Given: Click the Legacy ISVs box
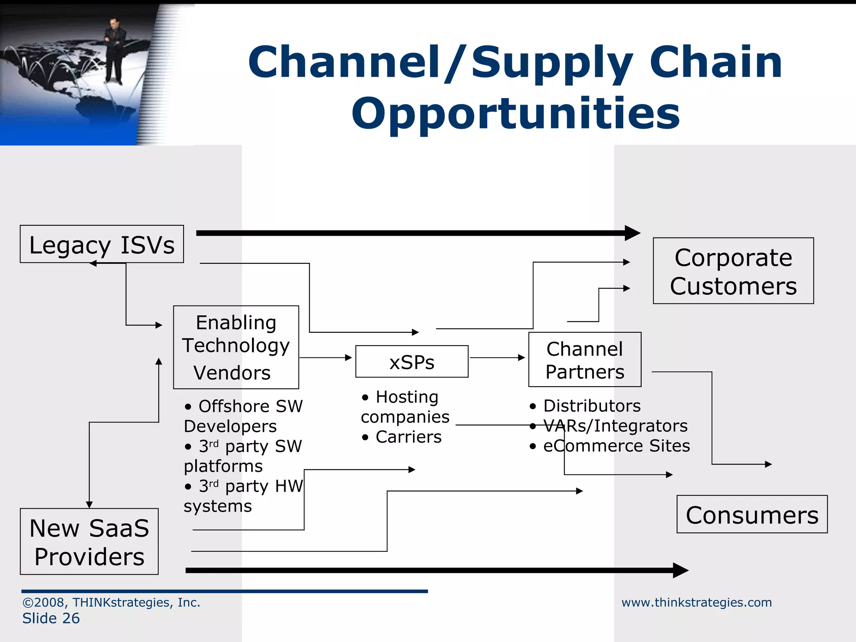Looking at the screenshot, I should (x=102, y=245).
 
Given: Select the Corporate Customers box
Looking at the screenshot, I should (x=733, y=271).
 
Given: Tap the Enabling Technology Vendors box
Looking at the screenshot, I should (x=236, y=347).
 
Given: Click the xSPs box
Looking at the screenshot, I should (x=412, y=362).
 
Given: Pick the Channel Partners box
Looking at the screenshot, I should (x=584, y=360).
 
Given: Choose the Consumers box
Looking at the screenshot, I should (x=752, y=515).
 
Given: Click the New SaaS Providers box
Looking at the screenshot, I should (x=89, y=542).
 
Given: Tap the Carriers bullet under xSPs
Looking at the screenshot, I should (x=408, y=437).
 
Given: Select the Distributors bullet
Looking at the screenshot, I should (x=591, y=406).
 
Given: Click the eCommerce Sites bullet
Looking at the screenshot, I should (x=616, y=446).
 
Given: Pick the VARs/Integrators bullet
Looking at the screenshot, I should (x=615, y=426).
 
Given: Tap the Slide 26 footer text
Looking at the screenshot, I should (x=51, y=618).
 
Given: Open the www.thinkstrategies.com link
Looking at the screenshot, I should (x=696, y=602).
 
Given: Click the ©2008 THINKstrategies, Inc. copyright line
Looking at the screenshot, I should (x=111, y=602).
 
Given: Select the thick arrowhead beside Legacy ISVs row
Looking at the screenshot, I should (x=632, y=233).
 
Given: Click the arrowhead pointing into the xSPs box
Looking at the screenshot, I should (x=348, y=358).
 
